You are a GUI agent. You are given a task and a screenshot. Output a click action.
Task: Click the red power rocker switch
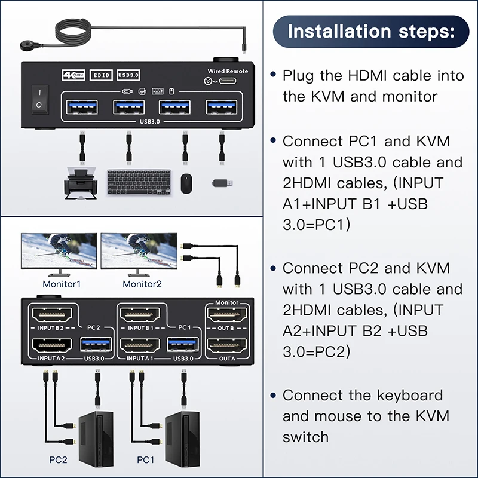pyautogui.click(x=39, y=99)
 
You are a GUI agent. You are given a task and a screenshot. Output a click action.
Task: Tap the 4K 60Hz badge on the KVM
pyautogui.click(x=74, y=75)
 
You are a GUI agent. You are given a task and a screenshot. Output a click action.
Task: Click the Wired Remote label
pyautogui.click(x=227, y=72)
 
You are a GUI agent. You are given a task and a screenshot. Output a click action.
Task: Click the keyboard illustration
pyautogui.click(x=139, y=181)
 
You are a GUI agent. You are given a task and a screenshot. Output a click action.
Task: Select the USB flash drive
pyautogui.click(x=223, y=182)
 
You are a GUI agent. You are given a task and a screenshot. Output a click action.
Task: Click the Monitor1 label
pyautogui.click(x=61, y=284)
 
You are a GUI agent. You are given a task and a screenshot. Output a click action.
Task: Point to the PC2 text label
pyautogui.click(x=58, y=460)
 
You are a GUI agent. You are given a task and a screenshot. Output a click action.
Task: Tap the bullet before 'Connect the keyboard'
pyautogui.click(x=273, y=396)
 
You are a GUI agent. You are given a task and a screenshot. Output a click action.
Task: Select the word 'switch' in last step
pyautogui.click(x=305, y=437)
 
